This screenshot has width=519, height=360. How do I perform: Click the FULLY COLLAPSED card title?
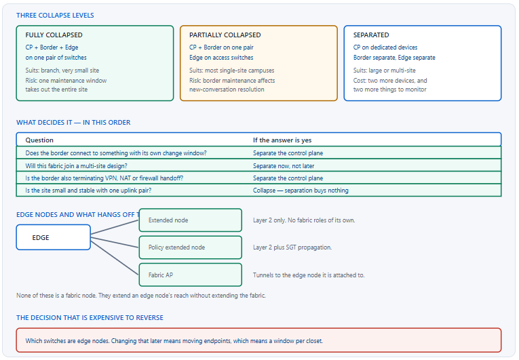click(54, 35)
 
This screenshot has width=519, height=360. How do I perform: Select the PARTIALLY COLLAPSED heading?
click(225, 35)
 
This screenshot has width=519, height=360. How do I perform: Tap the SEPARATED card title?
click(371, 35)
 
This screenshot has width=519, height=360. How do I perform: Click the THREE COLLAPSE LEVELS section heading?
click(55, 15)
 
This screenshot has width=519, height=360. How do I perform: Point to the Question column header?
click(39, 140)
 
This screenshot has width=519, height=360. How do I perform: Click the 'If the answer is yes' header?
click(282, 140)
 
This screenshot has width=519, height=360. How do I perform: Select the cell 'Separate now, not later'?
click(284, 166)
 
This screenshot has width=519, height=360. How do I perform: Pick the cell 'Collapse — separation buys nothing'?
click(301, 191)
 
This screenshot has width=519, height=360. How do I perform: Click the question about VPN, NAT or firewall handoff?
click(104, 178)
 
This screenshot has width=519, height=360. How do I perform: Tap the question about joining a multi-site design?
click(77, 166)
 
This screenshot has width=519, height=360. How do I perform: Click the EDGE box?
click(54, 237)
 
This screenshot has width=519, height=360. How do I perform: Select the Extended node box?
click(191, 220)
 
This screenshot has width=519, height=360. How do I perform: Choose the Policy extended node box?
click(191, 247)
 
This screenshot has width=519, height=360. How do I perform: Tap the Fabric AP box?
click(191, 275)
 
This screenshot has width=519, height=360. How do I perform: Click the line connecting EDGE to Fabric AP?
click(115, 258)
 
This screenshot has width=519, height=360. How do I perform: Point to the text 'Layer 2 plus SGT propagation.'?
click(292, 247)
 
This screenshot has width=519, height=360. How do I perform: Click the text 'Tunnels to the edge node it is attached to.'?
click(309, 275)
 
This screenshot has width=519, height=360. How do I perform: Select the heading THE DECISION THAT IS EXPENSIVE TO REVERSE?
click(90, 318)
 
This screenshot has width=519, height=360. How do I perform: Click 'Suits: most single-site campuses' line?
click(232, 71)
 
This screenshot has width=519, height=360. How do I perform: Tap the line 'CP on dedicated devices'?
click(385, 47)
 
